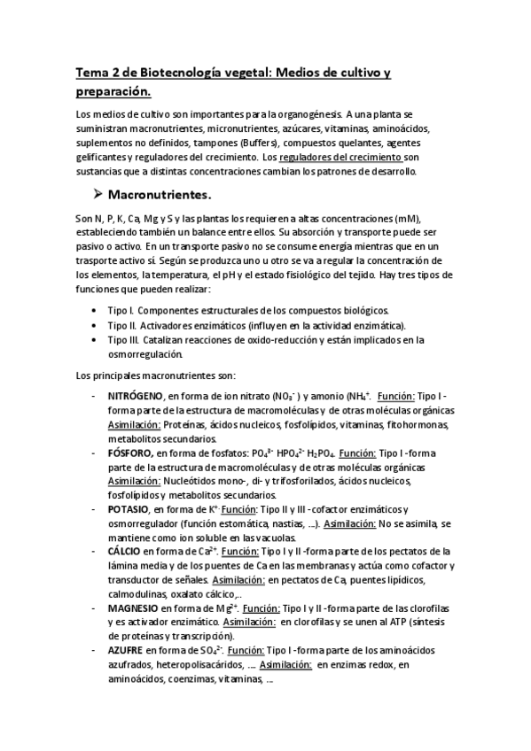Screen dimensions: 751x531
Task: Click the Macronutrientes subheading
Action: pos(159,194)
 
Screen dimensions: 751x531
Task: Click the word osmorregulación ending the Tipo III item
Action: pos(144,353)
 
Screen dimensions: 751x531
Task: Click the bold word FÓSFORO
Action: pos(131,453)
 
